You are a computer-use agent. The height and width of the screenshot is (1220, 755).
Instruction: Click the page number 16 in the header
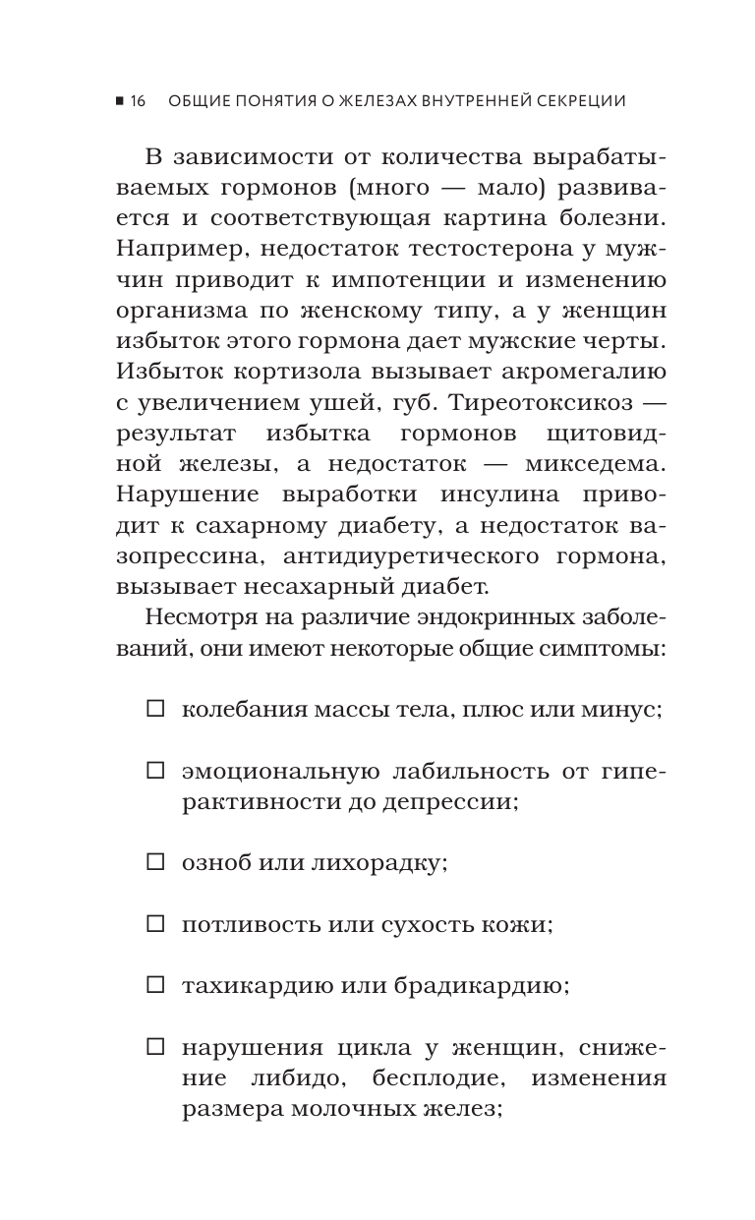click(x=137, y=101)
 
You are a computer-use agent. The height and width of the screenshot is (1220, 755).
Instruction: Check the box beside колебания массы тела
click(x=154, y=709)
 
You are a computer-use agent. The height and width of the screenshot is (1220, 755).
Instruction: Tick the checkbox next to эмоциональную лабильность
click(x=154, y=772)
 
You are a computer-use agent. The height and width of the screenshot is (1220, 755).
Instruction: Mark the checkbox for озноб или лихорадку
click(x=154, y=862)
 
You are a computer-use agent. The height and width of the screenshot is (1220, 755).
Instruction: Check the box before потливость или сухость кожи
click(x=154, y=923)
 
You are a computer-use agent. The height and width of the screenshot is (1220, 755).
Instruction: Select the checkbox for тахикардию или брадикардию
click(x=154, y=984)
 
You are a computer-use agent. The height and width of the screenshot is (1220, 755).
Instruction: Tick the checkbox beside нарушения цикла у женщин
click(x=154, y=1047)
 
